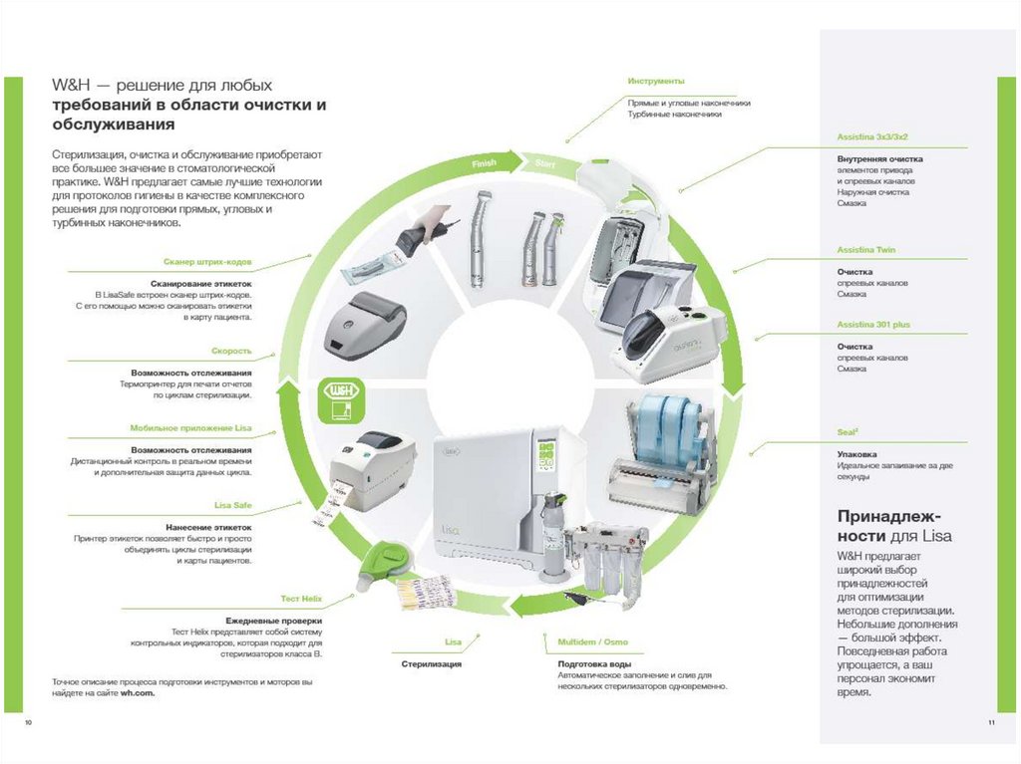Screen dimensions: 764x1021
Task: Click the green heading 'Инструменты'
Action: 656,81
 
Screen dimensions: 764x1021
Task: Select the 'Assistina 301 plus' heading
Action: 873,325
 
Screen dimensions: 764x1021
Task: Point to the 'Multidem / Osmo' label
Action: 592,641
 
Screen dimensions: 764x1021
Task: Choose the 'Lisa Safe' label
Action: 233,505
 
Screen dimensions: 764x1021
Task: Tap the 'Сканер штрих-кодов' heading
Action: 207,262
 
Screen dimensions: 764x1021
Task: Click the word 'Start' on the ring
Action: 544,162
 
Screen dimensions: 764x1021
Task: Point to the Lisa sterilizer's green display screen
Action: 546,458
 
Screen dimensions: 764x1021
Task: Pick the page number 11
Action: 991,721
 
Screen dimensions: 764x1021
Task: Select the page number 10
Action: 28,721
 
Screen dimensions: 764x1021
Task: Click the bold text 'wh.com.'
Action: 140,693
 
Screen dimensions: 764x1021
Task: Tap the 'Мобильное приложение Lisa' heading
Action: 190,428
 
